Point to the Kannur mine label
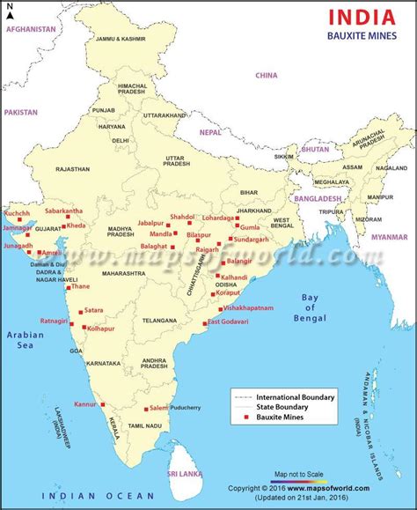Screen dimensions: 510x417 click(84, 404)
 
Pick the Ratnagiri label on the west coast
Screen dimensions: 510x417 click(53, 321)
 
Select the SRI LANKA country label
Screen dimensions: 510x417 click(186, 474)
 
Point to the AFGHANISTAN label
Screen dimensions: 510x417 click(31, 29)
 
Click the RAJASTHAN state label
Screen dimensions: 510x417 click(72, 168)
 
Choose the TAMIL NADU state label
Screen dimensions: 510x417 click(143, 425)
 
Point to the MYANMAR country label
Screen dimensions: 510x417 click(389, 237)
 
